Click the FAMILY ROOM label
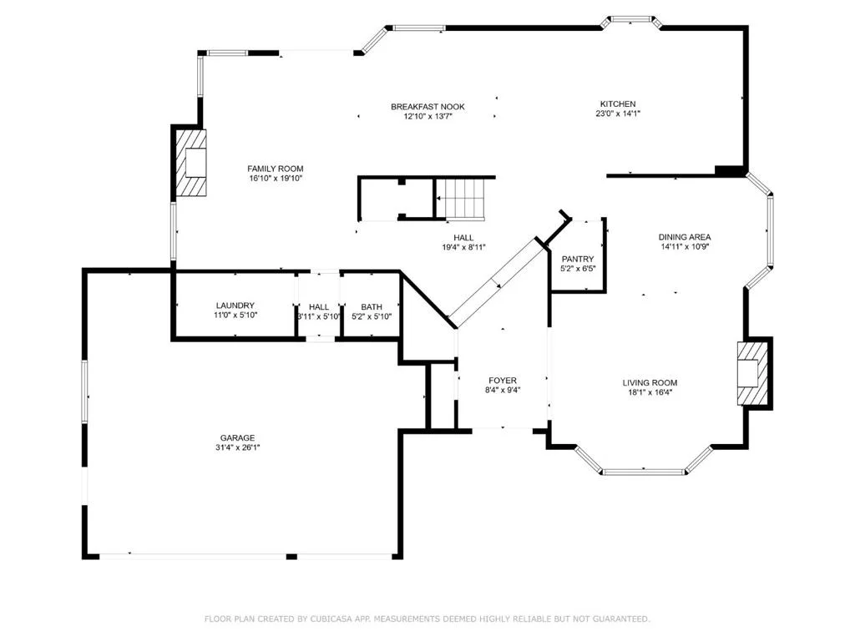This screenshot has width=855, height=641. pos(276,169)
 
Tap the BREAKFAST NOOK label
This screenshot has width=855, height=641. pos(427,107)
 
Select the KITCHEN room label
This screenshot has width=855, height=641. pos(618,104)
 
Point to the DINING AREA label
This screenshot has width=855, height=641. pos(685,237)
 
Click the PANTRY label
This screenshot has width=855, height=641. pos(578,260)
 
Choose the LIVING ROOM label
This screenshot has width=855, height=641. pos(650,383)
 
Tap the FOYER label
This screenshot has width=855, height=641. pos(502,381)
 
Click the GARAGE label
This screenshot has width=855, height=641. pos(237,437)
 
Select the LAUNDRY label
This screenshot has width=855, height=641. pos(235,305)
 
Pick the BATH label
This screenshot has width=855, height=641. pos(372,307)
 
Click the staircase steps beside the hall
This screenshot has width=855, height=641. pos(464,199)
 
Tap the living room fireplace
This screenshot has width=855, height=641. pos(753,373)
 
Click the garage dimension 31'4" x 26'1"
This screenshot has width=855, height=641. pos(237,447)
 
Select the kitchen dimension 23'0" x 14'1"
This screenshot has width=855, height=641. pos(618,114)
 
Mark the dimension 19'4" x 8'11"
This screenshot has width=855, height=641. pos(463,247)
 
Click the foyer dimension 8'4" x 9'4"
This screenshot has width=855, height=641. pos(502,391)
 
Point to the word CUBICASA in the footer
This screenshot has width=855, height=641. pos(331,618)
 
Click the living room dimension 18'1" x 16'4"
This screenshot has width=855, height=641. pos(650,392)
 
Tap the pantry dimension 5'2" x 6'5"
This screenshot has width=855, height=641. pos(578,269)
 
